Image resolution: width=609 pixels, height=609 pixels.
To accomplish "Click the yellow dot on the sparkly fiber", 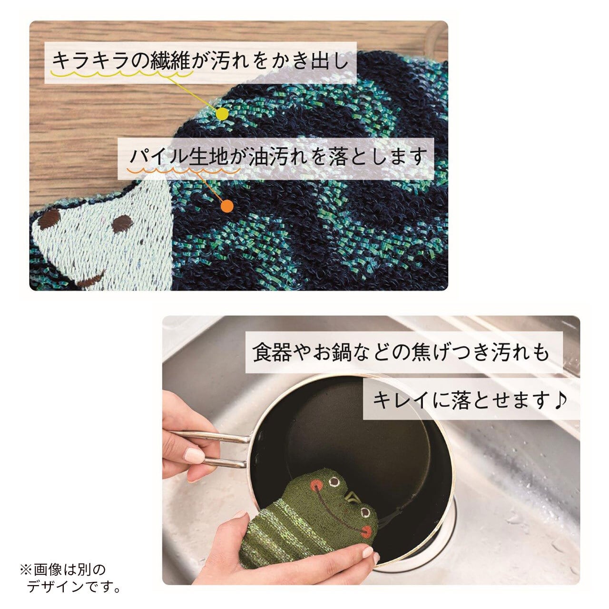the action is pos(223,114).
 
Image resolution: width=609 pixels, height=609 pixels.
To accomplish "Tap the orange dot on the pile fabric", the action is pos(227,206).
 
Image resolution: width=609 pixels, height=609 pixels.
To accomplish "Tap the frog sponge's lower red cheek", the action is pos(366,531).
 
